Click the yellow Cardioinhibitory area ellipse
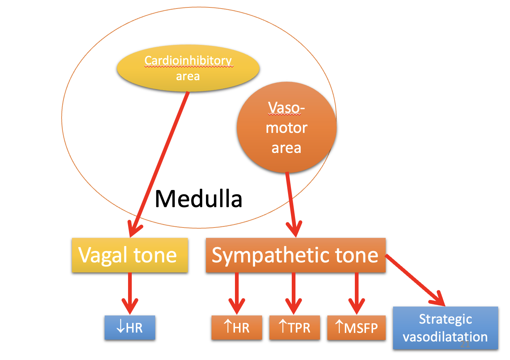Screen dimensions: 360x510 click(x=188, y=68)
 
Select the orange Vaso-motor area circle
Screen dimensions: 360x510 click(x=286, y=127)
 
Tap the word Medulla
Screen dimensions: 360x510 click(x=198, y=199)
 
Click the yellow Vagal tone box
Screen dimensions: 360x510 click(x=130, y=255)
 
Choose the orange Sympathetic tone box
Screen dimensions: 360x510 click(x=295, y=255)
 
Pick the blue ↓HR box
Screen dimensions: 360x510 click(x=130, y=328)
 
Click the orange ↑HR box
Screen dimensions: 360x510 click(x=236, y=328)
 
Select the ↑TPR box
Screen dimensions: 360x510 click(x=294, y=328)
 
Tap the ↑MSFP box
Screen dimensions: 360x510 click(x=356, y=328)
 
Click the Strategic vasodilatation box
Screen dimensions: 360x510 click(x=445, y=328)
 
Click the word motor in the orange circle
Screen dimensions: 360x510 click(x=286, y=128)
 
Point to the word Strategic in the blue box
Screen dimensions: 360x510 click(x=445, y=319)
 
